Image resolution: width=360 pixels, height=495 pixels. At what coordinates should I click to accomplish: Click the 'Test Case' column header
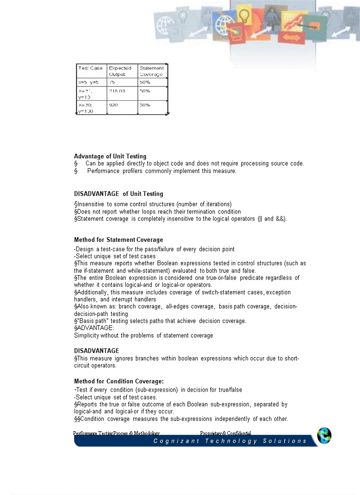coord(90,68)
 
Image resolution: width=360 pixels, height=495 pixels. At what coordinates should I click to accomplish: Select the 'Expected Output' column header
coord(120,71)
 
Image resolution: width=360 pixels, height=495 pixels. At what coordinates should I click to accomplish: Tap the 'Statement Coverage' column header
coord(151,71)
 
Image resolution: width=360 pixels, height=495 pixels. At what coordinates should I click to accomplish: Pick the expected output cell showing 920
coord(113,105)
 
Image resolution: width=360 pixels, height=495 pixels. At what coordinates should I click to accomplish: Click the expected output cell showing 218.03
coord(116,91)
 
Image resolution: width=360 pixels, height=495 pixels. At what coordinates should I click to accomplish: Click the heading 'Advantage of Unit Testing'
coord(110,156)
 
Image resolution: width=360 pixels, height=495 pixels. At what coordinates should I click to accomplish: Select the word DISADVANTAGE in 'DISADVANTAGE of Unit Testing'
coord(96,194)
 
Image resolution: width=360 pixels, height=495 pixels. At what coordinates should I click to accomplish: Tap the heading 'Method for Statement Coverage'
coord(118,240)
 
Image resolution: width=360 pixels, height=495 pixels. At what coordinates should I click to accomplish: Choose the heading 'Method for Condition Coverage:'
coord(119,381)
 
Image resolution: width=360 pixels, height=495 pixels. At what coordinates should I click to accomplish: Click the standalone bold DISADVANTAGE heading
coord(96,351)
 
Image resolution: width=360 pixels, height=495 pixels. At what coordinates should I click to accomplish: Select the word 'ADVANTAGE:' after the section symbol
coord(90,328)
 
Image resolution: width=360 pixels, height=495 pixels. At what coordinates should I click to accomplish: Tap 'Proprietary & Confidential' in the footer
coord(225,434)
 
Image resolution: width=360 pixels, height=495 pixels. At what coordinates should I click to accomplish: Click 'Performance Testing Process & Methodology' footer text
coord(116,434)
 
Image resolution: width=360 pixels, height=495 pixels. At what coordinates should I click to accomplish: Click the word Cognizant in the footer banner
coord(176,441)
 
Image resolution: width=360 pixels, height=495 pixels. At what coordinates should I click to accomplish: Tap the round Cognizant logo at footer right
coord(324,436)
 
